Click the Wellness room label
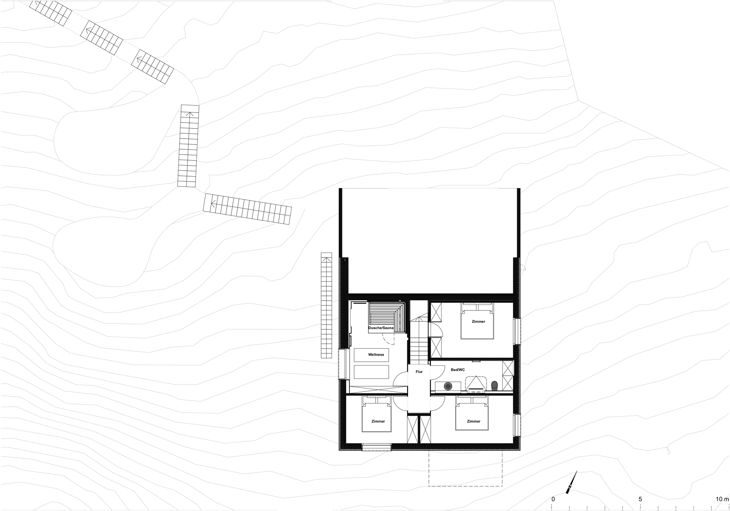tap(376, 355)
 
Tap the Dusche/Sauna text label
tap(381, 328)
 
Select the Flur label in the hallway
tap(419, 372)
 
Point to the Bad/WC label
tap(458, 370)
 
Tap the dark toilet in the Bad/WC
tap(495, 385)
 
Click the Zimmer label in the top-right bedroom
tap(478, 321)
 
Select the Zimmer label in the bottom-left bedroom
tap(378, 421)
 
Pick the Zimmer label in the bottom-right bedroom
tap(473, 421)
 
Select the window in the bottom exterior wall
tap(376, 447)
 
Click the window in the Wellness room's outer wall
tap(342, 364)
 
